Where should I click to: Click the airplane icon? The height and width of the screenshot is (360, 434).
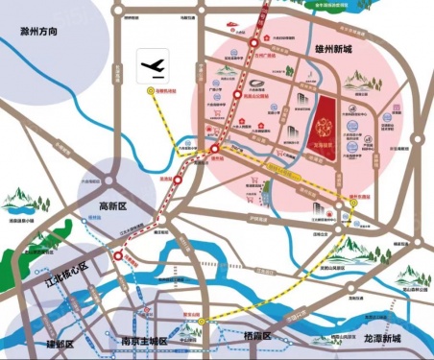click(153, 66)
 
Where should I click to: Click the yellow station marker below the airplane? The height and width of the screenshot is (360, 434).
click(150, 91)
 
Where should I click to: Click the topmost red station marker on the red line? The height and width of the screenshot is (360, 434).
click(253, 43)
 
